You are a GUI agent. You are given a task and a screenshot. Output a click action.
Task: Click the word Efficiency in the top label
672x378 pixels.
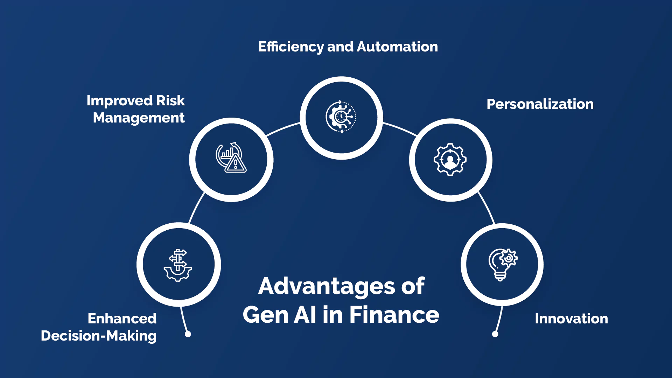[291, 47]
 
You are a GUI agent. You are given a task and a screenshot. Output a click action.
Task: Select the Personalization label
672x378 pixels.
[540, 104]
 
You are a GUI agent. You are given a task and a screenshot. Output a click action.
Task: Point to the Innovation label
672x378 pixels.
[571, 319]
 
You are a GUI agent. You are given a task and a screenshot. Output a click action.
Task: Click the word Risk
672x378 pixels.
[170, 101]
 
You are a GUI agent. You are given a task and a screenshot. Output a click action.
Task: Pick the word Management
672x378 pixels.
[139, 118]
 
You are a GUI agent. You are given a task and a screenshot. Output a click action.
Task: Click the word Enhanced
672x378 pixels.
[122, 319]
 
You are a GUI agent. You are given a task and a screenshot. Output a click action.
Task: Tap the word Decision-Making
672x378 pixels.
[99, 336]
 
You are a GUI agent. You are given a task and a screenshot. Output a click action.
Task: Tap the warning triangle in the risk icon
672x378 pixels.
[236, 164]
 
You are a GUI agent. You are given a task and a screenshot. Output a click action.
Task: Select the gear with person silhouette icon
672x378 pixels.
[450, 160]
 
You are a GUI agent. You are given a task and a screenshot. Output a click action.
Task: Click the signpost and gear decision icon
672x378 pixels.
[178, 265]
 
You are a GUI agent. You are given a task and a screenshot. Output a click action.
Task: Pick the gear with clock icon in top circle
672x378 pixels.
[341, 117]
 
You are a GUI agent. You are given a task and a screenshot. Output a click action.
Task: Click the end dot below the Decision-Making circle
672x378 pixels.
[188, 334]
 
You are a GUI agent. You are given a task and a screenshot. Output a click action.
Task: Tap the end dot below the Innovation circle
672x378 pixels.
[495, 334]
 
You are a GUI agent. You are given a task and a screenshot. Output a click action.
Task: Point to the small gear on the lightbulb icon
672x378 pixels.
[509, 258]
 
